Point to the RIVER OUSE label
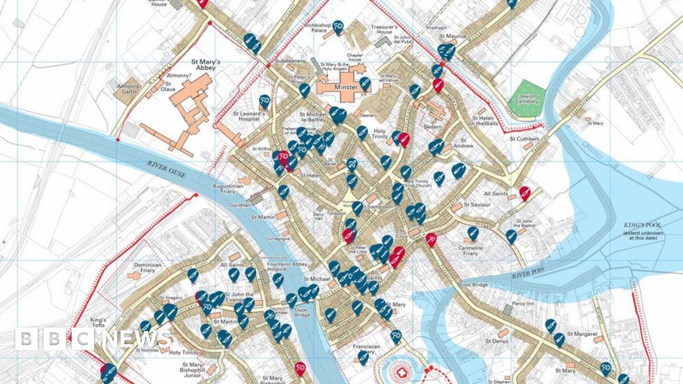click(x=166, y=168)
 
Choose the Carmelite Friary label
click(x=470, y=251)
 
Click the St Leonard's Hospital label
click(x=249, y=117)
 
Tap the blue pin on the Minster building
click(x=365, y=84)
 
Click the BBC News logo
click(x=94, y=339)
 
